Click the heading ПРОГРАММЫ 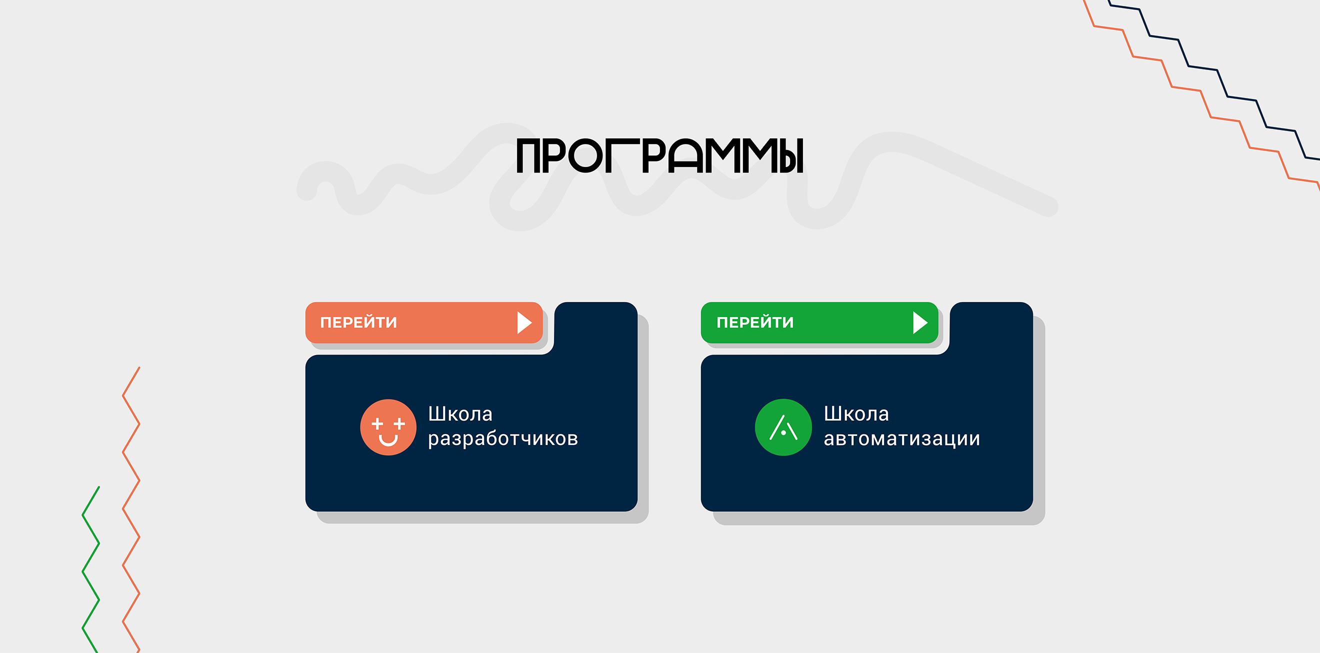tap(659, 156)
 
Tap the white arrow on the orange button tap(523, 323)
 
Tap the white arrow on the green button tap(920, 323)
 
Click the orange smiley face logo tap(388, 427)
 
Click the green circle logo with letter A tap(783, 427)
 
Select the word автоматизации tap(901, 439)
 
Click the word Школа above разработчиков tap(460, 413)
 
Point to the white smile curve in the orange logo tap(388, 441)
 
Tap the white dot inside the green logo tap(783, 433)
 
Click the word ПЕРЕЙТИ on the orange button tap(358, 323)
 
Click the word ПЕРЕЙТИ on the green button tap(755, 323)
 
